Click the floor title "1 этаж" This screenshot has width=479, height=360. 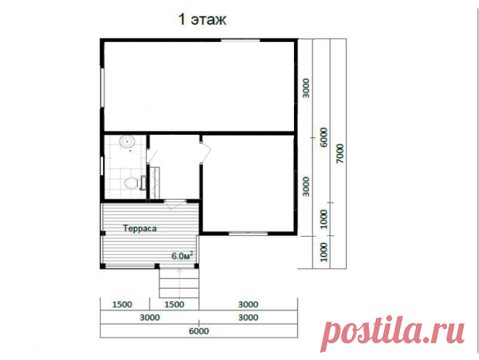click(202, 20)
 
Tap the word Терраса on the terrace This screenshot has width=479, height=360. click(140, 229)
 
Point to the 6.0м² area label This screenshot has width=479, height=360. click(182, 255)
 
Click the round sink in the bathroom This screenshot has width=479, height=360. click(127, 142)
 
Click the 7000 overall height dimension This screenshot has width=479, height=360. click(340, 153)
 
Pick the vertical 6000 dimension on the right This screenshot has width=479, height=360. click(323, 137)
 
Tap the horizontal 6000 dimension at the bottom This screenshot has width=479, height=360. click(199, 331)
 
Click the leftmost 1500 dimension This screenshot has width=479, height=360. click(122, 304)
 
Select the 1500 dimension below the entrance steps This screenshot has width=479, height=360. click(174, 304)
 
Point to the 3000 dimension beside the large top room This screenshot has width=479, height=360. click(306, 89)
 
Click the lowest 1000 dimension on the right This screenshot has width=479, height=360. click(323, 252)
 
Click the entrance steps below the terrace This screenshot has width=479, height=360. click(179, 283)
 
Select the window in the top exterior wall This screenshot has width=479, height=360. click(240, 40)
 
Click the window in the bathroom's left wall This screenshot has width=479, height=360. click(102, 166)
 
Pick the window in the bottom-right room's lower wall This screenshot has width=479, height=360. click(248, 233)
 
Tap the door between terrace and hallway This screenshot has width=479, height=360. click(175, 203)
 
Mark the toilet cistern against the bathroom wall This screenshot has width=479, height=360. click(143, 183)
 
